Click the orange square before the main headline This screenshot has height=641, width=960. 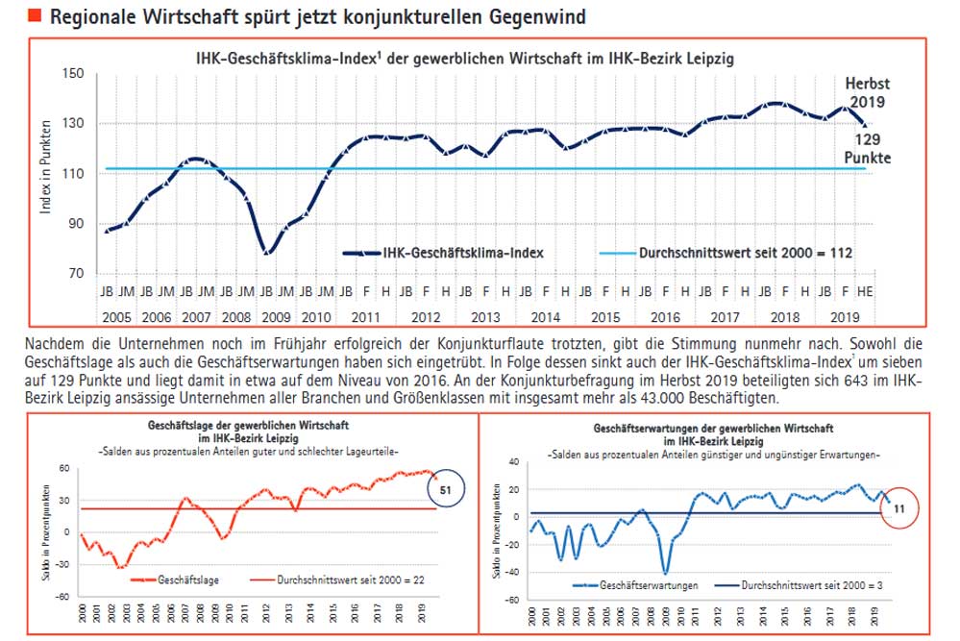36,16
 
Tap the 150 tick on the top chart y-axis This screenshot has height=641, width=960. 74,74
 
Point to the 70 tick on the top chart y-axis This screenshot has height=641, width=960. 77,274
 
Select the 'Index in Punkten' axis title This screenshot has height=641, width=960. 45,173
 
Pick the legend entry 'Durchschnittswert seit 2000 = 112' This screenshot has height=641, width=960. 745,253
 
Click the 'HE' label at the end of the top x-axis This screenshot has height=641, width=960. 865,289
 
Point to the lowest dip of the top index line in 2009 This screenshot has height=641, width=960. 267,252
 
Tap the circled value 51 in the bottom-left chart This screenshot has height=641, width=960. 445,488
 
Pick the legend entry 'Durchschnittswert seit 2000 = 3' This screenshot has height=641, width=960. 804,584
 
